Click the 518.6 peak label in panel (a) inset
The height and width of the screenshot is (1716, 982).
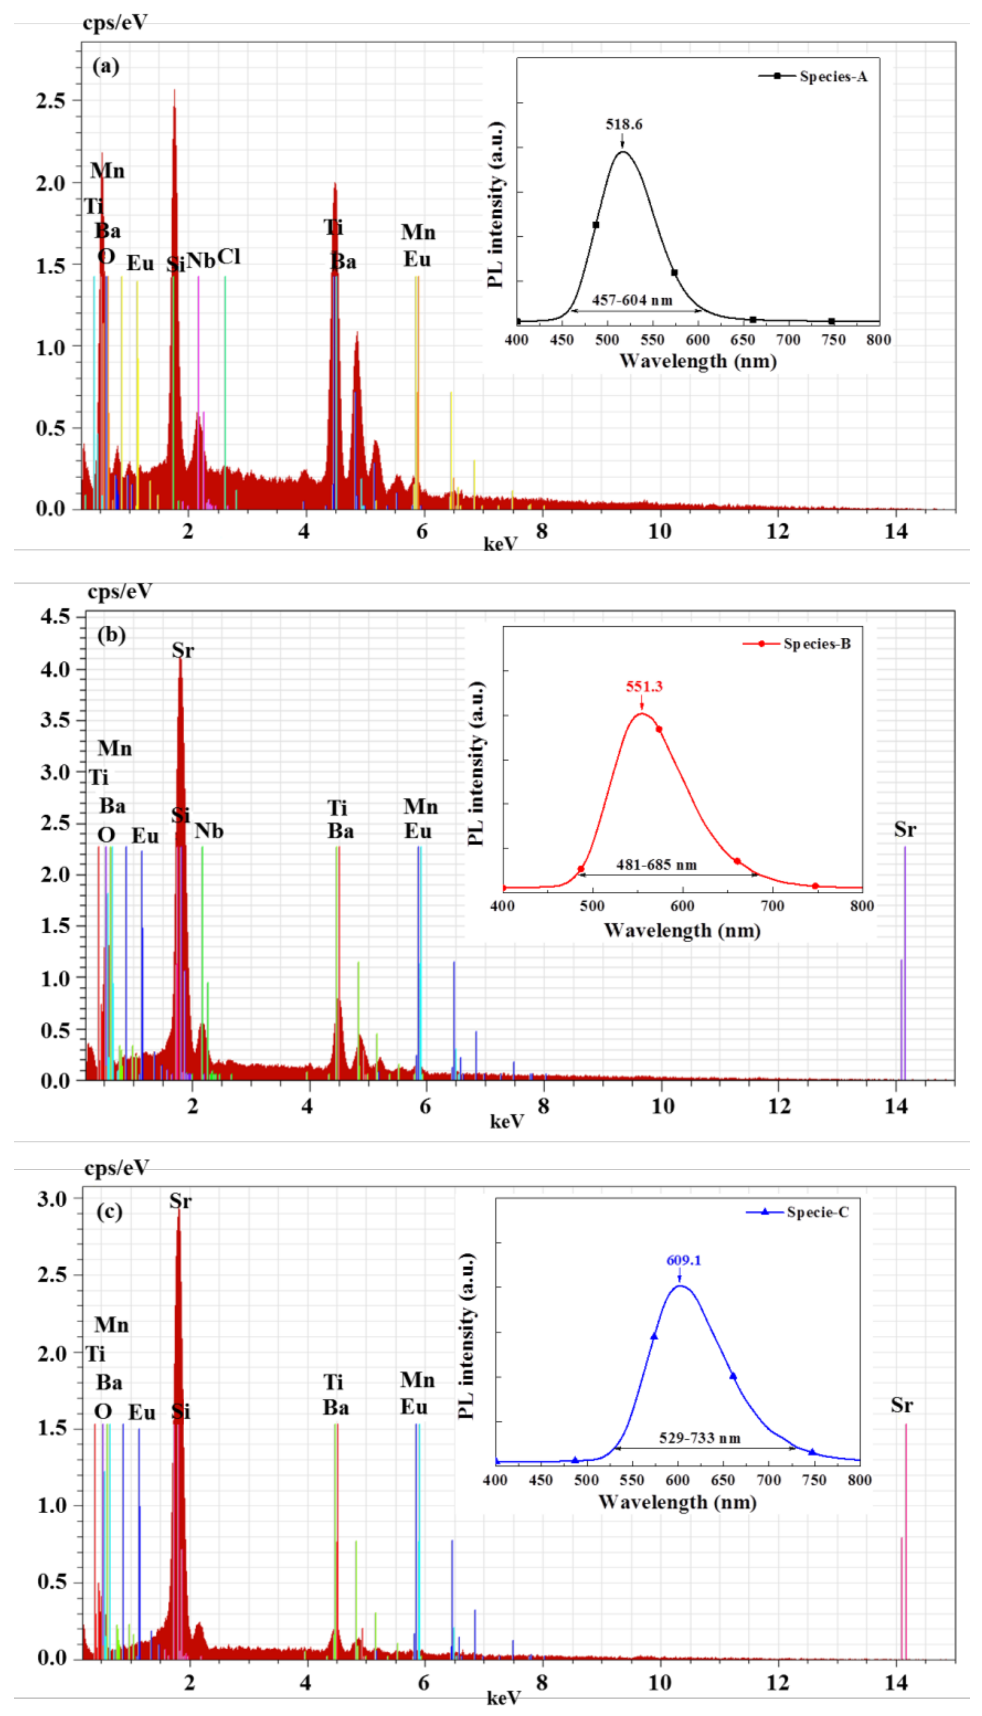point(624,124)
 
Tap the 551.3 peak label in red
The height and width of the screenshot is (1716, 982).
point(644,686)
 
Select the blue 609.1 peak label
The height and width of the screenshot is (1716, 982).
point(683,1260)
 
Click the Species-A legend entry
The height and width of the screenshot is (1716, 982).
point(833,76)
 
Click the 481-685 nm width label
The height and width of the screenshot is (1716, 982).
point(656,865)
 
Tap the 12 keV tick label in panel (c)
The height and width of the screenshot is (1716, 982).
point(778,1682)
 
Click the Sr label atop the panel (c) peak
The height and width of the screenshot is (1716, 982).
point(180,1201)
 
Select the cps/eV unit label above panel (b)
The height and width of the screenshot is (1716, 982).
point(119,591)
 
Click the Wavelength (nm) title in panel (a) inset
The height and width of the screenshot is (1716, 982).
point(697,361)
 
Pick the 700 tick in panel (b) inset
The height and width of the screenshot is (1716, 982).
point(772,905)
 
